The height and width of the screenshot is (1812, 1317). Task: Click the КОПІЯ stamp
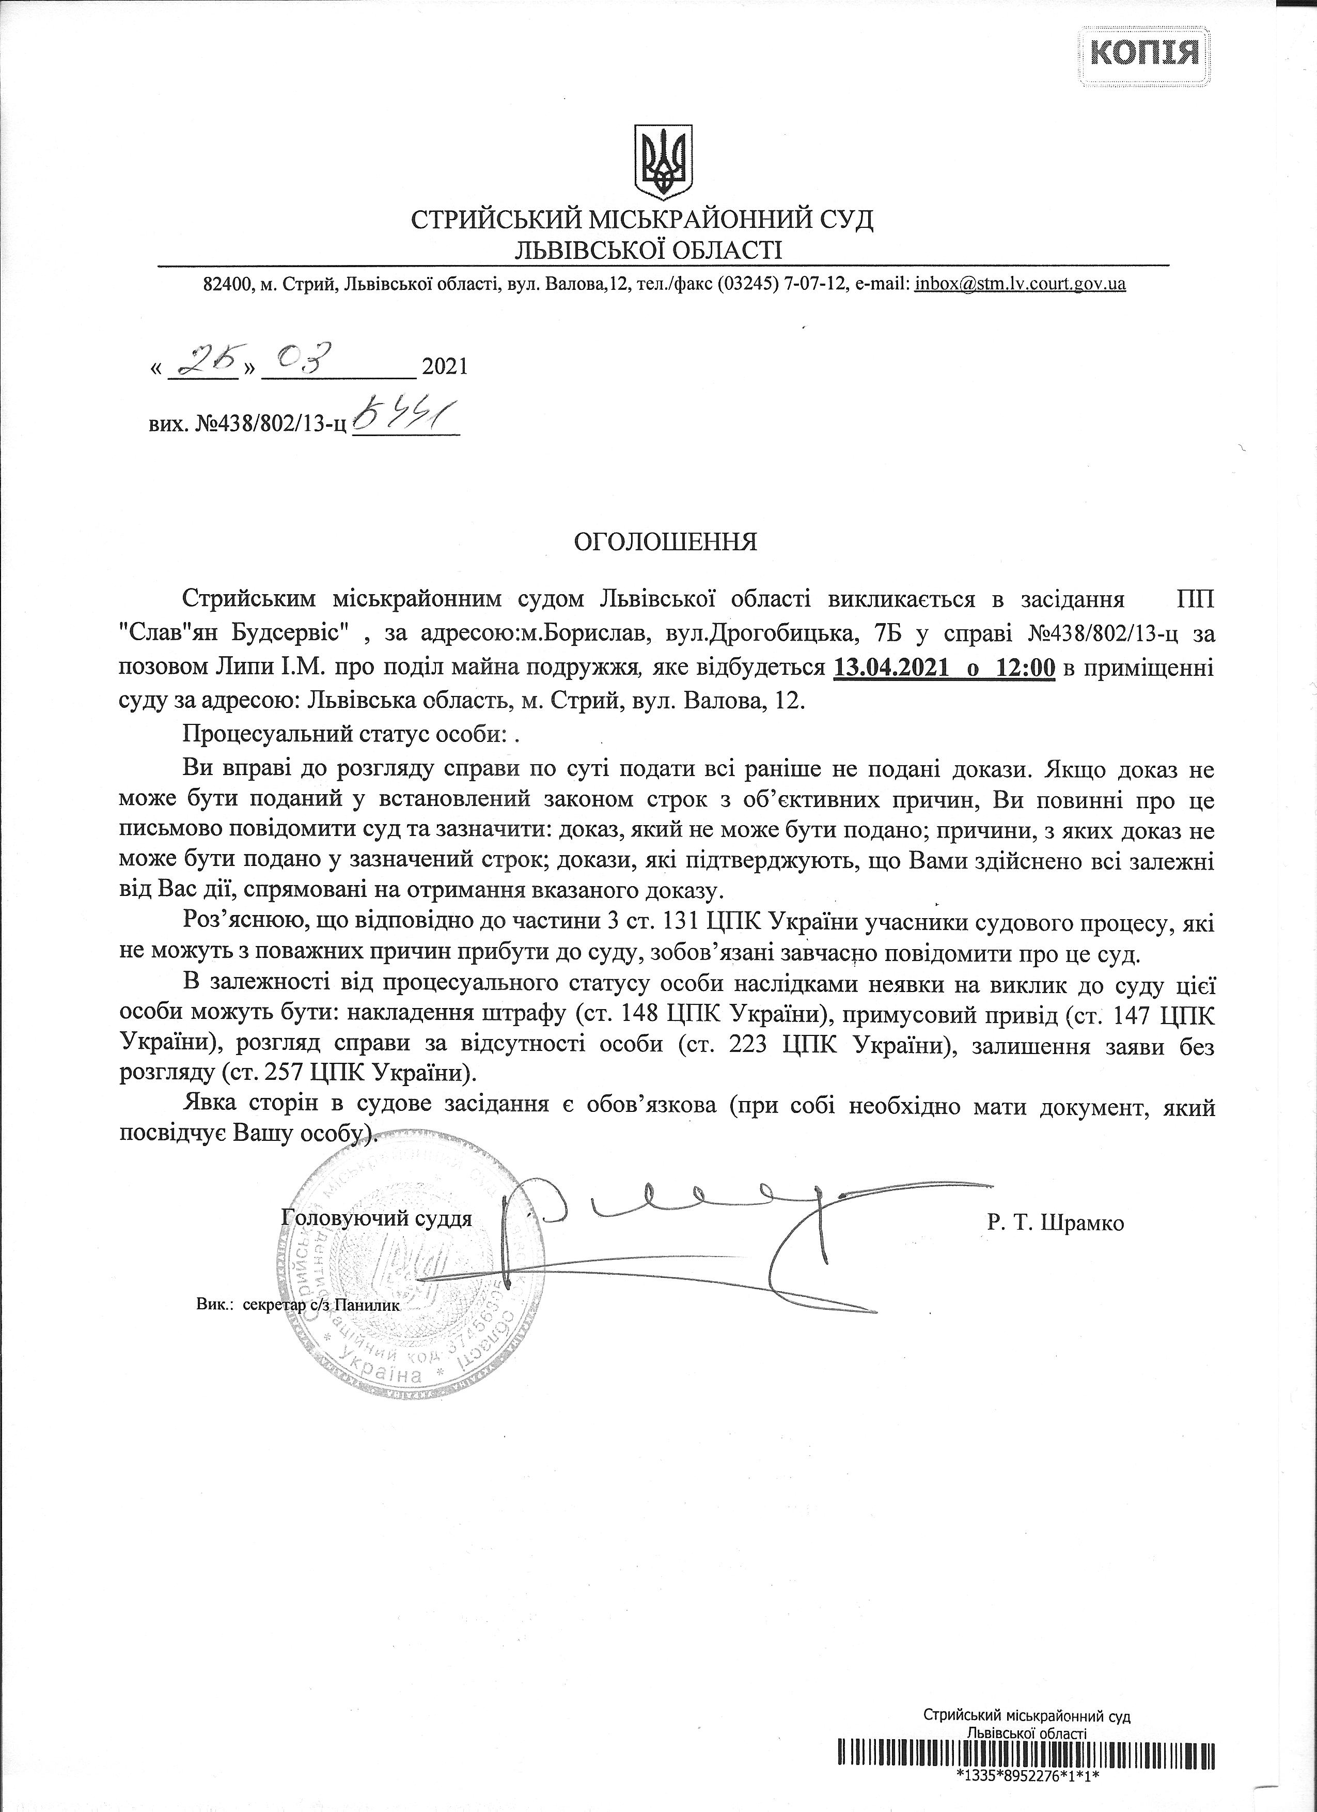tap(1143, 54)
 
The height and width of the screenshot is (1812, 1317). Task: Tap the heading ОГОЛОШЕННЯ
tap(666, 543)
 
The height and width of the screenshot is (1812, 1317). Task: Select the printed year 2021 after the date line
tap(444, 367)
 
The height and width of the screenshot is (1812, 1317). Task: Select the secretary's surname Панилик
tap(367, 1305)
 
